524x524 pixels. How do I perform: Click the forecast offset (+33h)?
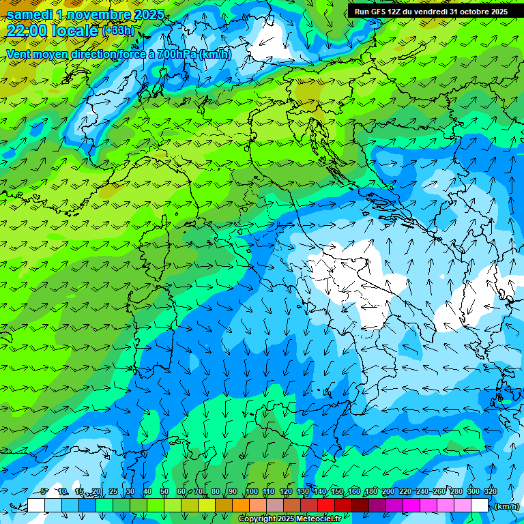point(117,31)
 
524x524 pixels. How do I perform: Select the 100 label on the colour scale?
point(252,492)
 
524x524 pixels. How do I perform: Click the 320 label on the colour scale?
point(491,492)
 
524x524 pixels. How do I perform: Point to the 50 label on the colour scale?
point(164,492)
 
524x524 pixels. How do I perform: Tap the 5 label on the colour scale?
point(44,492)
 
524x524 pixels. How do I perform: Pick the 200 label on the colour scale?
point(388,492)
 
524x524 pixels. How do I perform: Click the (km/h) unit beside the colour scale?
point(507,506)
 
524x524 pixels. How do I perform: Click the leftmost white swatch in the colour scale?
point(36,506)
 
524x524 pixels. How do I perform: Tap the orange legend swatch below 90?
point(241,506)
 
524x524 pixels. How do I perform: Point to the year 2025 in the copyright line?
point(285,519)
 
